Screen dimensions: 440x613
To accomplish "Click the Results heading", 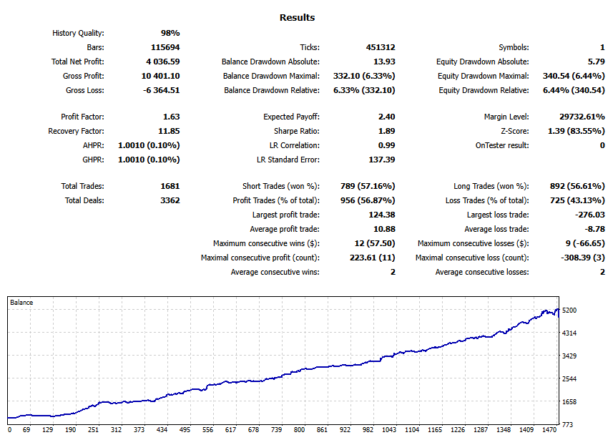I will click(x=297, y=17).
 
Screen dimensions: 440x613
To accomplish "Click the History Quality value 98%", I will click(x=170, y=33).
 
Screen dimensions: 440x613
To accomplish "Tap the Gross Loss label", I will click(x=85, y=90).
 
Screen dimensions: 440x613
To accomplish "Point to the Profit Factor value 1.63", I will click(x=172, y=117).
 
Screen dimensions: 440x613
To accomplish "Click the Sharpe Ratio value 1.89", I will click(x=386, y=131).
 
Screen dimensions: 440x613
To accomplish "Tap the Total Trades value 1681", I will click(x=170, y=186).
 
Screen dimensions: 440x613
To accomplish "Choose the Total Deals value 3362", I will click(x=170, y=200).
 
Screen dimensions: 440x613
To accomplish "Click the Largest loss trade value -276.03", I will click(x=589, y=215).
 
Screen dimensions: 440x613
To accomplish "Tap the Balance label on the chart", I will click(x=21, y=303).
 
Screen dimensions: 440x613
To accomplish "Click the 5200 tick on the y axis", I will click(x=570, y=311).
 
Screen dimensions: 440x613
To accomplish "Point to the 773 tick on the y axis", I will click(x=568, y=425).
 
